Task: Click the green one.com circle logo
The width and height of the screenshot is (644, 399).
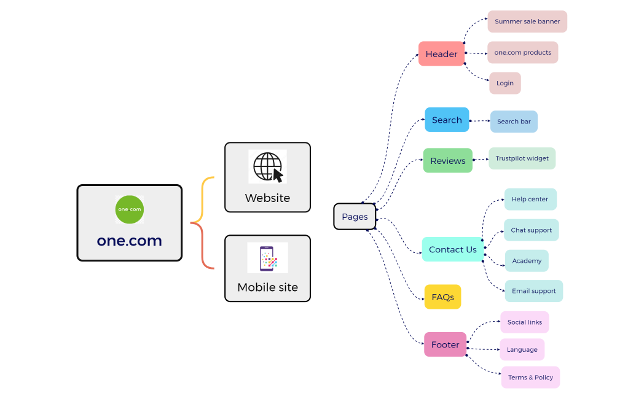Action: [x=129, y=209]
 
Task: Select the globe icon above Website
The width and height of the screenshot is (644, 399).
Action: [x=267, y=166]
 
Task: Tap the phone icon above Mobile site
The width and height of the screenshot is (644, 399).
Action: [x=267, y=258]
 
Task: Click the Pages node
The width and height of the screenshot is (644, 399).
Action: [x=355, y=217]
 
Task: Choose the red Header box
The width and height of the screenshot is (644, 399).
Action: [x=441, y=54]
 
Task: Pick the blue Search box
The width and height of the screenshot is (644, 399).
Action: [x=447, y=120]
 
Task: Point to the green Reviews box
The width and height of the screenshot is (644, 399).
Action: [x=447, y=161]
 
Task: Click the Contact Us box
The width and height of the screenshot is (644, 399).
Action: [x=452, y=249]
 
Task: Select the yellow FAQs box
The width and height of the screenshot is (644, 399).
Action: [x=442, y=297]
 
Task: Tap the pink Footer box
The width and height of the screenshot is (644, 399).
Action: [x=445, y=344]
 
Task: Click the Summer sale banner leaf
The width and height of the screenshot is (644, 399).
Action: [x=527, y=21]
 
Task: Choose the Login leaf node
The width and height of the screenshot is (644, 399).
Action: [x=505, y=83]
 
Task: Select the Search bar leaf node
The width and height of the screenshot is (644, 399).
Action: [x=514, y=122]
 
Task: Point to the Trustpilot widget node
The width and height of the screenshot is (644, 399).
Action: [x=522, y=158]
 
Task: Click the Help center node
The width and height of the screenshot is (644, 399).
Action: [x=530, y=199]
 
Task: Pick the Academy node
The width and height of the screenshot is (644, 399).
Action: [x=527, y=261]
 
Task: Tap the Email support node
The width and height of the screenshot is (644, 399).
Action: [x=533, y=291]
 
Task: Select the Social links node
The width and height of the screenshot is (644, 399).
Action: [x=524, y=322]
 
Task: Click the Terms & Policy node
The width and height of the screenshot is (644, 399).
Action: [x=530, y=378]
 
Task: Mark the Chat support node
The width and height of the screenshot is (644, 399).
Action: [x=531, y=230]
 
